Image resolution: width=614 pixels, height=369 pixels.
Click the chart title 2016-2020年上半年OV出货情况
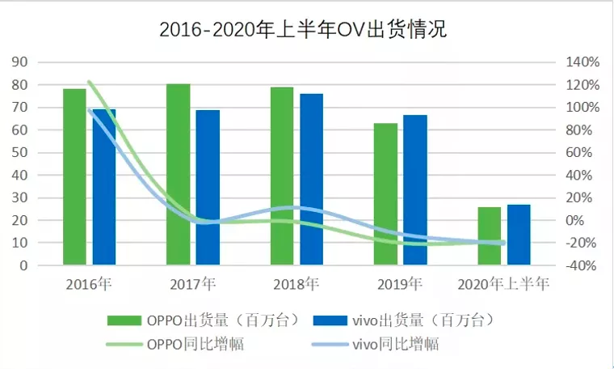(x=303, y=30)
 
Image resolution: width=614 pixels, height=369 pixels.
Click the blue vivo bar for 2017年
(x=208, y=188)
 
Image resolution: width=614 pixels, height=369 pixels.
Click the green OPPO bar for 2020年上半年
(x=489, y=235)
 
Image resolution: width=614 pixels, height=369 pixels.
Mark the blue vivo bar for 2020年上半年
(x=519, y=235)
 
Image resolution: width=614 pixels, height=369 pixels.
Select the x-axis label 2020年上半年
(x=503, y=284)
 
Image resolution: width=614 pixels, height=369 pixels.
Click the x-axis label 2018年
(x=296, y=284)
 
